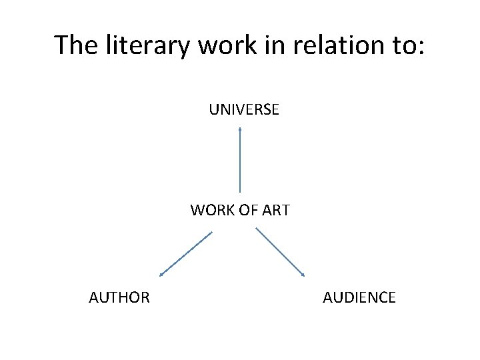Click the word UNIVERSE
[x=244, y=109]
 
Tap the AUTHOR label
[x=119, y=297]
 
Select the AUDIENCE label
[x=359, y=297]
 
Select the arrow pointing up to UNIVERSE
[x=240, y=160]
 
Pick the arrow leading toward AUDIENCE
[x=281, y=252]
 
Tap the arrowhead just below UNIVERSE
[x=240, y=129]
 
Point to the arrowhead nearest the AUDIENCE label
[x=303, y=275]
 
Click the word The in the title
[x=74, y=45]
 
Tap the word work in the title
[x=213, y=45]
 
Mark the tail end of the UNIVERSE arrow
[x=240, y=191]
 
